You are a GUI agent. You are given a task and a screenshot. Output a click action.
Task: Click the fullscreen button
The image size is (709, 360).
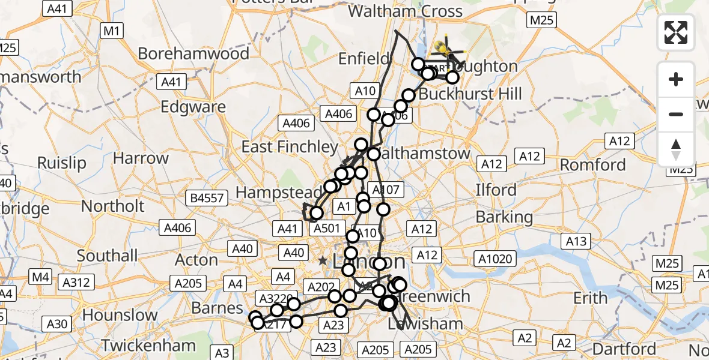676,32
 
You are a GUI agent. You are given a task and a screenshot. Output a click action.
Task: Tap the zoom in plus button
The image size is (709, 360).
676,79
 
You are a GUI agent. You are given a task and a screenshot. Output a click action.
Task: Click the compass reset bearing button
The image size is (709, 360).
676,149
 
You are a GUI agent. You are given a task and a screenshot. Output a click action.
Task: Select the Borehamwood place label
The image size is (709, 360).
193,53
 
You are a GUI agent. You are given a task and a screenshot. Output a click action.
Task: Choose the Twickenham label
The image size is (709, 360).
148,346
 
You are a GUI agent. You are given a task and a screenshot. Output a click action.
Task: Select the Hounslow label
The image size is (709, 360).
120,315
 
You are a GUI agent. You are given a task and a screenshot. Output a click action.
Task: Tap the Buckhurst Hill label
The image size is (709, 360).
470,94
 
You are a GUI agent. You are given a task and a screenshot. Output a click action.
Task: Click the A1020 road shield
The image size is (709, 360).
495,259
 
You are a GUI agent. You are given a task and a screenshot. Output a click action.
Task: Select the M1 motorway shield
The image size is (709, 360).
112,31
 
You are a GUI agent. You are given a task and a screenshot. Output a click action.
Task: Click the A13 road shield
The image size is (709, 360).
576,241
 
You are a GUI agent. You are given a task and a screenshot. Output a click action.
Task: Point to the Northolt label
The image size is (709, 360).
113,206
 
